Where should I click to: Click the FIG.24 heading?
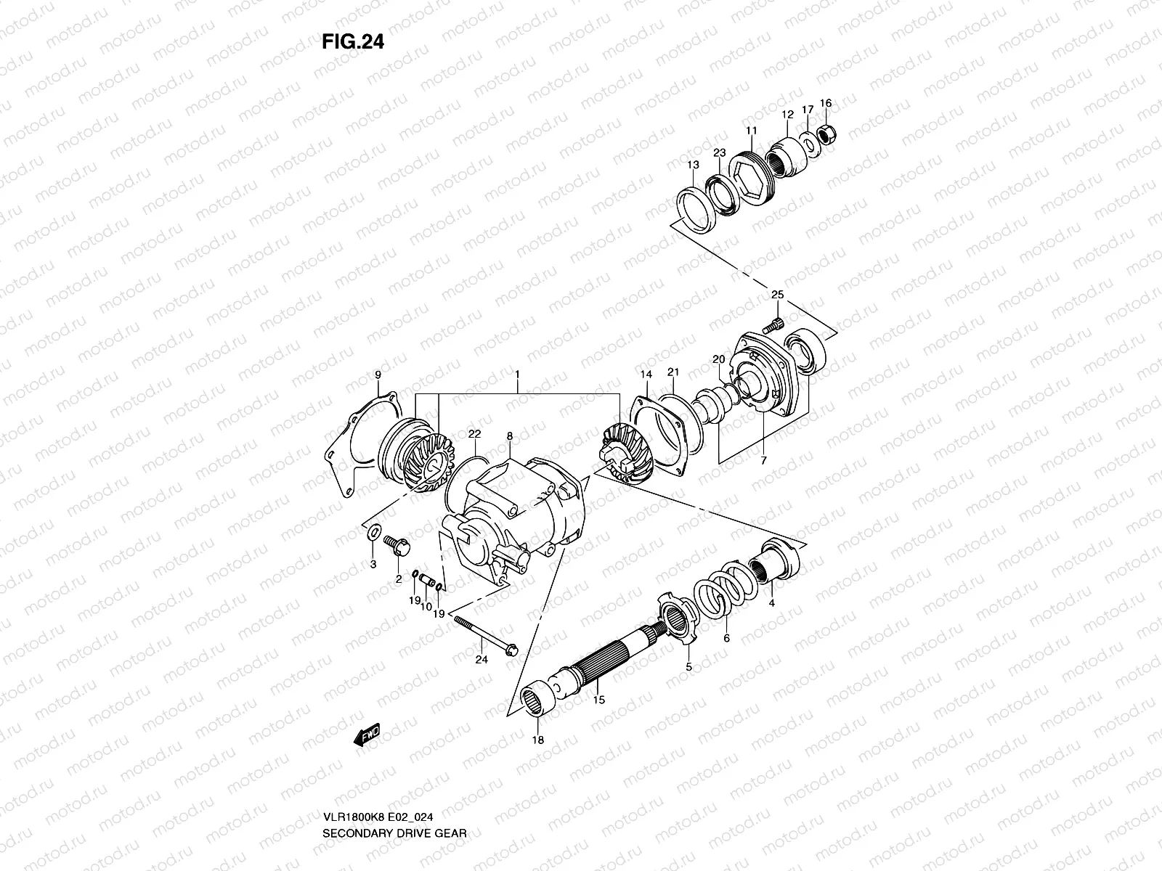coord(352,42)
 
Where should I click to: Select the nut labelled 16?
coord(826,132)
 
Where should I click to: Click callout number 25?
coord(777,295)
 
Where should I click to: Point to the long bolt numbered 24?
coord(484,632)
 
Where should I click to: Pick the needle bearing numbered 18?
coord(540,702)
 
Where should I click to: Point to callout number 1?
coord(517,375)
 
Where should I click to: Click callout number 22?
coord(474,433)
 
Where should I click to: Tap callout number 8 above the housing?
coord(510,436)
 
